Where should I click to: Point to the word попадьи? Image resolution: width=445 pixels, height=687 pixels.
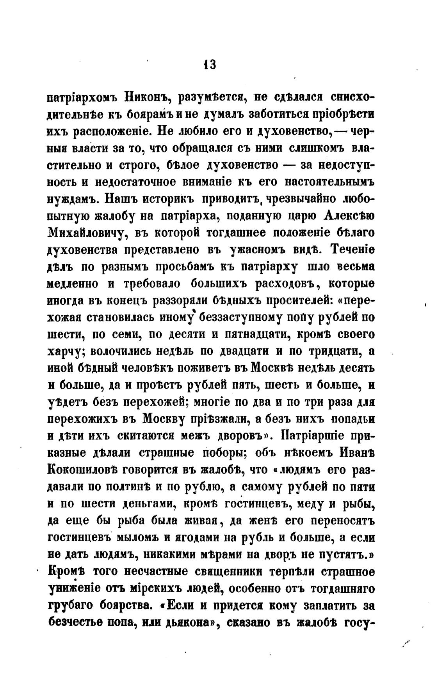tap(353, 419)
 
